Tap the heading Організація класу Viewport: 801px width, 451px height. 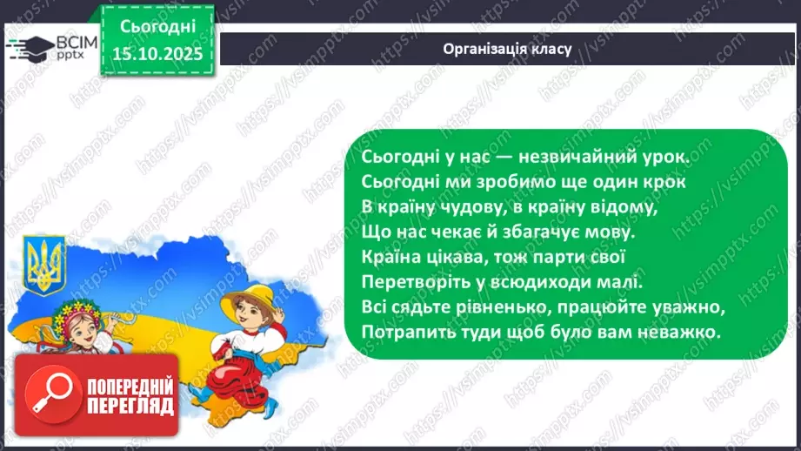[507, 49]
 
